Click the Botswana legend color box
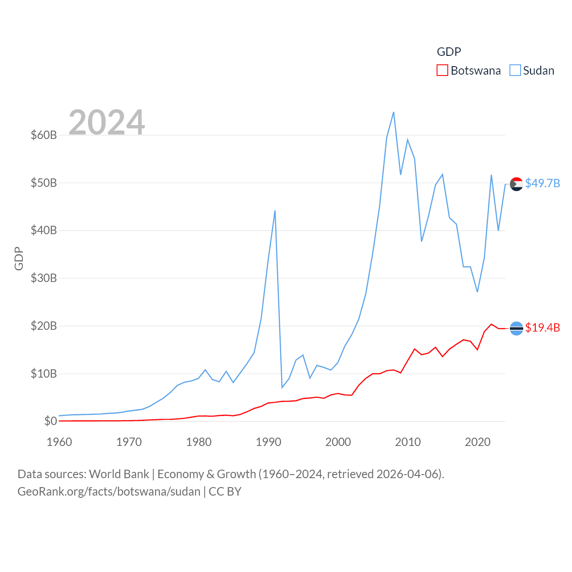[442, 71]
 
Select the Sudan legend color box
[515, 71]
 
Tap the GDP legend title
[449, 52]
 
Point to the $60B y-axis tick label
[43, 135]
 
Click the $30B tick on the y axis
[43, 278]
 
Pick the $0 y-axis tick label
[50, 421]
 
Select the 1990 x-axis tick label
[268, 442]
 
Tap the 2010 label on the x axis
[408, 442]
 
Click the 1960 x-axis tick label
[59, 442]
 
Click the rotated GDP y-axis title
[19, 258]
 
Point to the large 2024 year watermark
[106, 122]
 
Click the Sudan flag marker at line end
[517, 184]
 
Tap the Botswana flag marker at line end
[517, 328]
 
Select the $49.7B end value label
[543, 183]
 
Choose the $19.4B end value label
[543, 328]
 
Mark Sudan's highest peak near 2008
[394, 112]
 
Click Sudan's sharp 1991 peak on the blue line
[275, 210]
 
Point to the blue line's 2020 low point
[477, 292]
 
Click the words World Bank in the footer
[119, 474]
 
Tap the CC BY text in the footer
[225, 492]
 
